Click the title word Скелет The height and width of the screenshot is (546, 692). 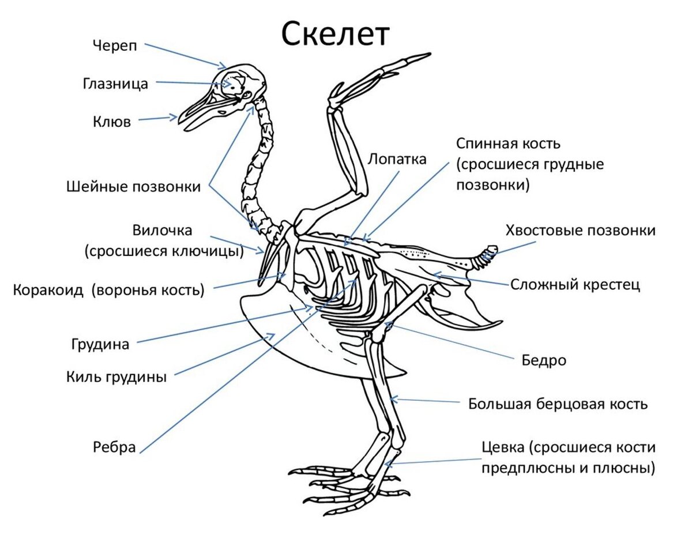336,34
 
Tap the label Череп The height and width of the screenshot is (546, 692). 115,46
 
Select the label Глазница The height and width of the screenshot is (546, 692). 115,84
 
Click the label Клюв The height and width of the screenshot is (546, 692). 112,122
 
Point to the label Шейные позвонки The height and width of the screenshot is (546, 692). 134,187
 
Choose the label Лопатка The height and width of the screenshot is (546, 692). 397,159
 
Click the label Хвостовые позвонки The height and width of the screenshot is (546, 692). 580,231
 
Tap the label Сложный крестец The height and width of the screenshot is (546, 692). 575,285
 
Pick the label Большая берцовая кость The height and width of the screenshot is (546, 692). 558,404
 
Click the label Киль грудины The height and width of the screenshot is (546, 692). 116,378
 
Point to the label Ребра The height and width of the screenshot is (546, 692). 114,447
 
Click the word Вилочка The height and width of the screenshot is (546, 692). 162,231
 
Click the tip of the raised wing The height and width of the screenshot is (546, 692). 428,55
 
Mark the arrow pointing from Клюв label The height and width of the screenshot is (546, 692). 158,119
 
